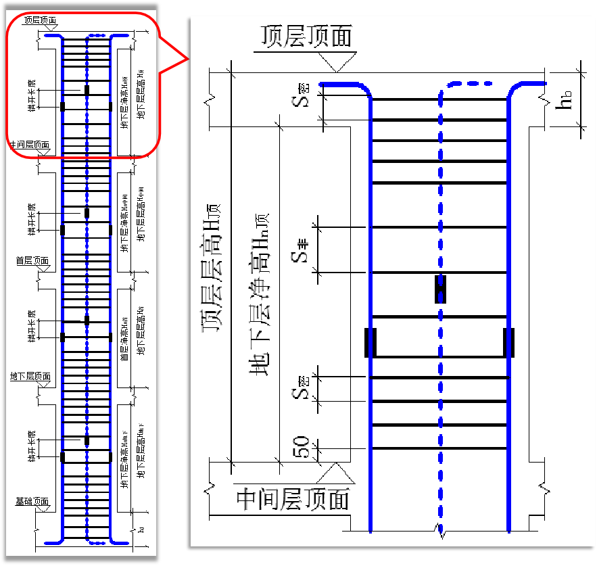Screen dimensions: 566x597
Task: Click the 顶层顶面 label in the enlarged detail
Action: point(307,37)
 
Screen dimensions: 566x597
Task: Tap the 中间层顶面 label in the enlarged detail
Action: point(293,500)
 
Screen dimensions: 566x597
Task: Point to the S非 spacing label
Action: point(302,249)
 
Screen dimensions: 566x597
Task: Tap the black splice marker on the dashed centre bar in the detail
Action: point(440,289)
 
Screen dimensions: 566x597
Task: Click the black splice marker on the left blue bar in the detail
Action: point(369,342)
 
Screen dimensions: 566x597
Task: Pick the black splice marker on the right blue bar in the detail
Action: point(509,342)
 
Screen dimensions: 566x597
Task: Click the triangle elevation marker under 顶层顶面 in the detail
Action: point(336,63)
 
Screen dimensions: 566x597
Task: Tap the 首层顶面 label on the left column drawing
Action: point(32,260)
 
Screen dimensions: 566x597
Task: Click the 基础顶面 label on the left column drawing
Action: point(32,502)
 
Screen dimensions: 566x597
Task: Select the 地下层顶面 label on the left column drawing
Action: point(30,376)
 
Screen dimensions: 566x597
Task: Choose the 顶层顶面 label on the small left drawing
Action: point(39,20)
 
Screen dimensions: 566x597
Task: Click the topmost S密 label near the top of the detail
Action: point(303,99)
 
